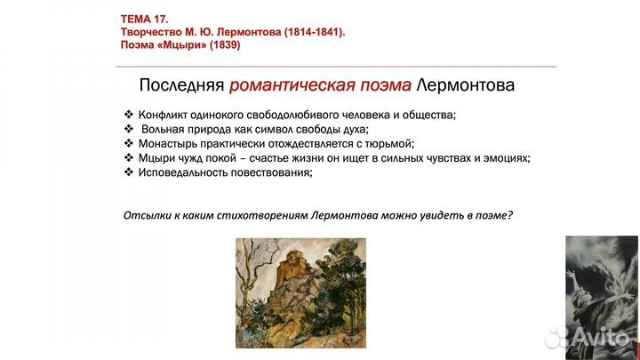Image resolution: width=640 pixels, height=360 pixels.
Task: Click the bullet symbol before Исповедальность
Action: pos(129,172)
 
